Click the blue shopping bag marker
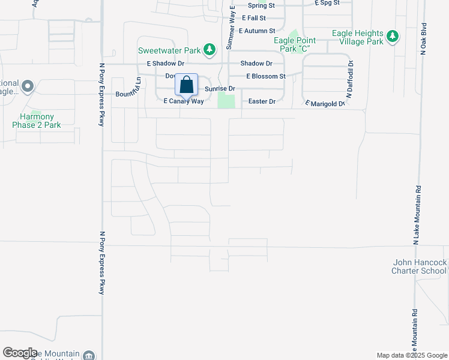pos(186,85)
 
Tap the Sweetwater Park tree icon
pos(209,50)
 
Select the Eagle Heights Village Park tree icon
pos(393,37)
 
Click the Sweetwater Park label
pos(169,50)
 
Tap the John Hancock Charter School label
pos(420,266)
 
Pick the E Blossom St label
pos(266,77)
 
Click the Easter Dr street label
pos(261,101)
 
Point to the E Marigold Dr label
pos(325,103)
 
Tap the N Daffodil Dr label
pos(349,78)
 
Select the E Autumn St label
pos(256,31)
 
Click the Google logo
pos(20,353)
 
